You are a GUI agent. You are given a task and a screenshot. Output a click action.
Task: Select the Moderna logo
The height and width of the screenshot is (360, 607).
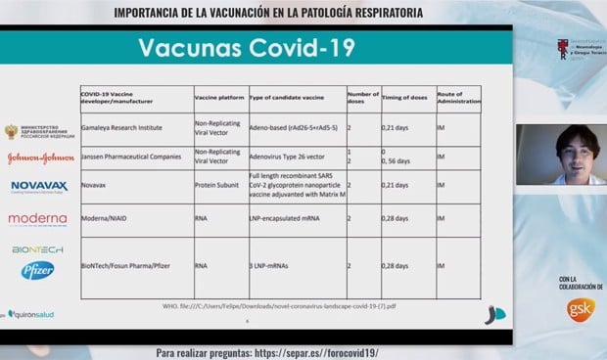(x=38, y=219)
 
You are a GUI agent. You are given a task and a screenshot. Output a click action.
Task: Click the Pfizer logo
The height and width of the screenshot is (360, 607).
(x=39, y=270)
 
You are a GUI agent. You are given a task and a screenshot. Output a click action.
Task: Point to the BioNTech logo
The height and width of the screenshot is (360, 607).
(x=37, y=249)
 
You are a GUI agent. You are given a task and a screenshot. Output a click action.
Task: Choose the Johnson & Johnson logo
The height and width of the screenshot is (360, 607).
(x=39, y=157)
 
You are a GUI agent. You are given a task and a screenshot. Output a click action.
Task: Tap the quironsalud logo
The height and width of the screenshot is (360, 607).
(x=35, y=314)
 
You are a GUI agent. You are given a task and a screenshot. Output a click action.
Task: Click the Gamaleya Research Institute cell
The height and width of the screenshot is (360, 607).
(x=121, y=128)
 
